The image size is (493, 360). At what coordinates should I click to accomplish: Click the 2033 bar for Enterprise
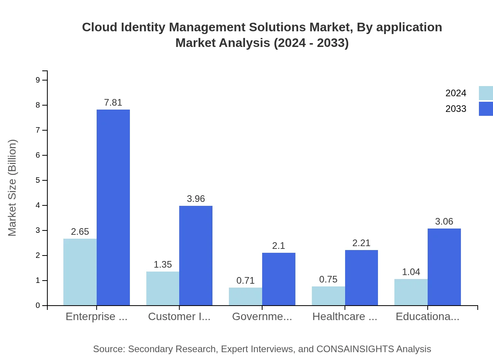pyautogui.click(x=113, y=207)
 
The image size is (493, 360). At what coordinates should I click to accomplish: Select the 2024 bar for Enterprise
pyautogui.click(x=80, y=272)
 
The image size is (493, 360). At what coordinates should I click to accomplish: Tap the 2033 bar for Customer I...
pyautogui.click(x=196, y=256)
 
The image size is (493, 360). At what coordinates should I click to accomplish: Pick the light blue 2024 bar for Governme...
pyautogui.click(x=245, y=296)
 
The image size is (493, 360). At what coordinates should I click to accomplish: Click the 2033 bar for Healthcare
pyautogui.click(x=362, y=277)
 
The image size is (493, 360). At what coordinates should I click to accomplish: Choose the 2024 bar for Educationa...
pyautogui.click(x=411, y=292)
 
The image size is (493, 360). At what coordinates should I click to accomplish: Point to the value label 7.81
pyautogui.click(x=113, y=103)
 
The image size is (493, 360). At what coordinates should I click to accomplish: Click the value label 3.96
pyautogui.click(x=196, y=199)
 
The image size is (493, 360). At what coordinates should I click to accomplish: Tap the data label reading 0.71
pyautogui.click(x=245, y=281)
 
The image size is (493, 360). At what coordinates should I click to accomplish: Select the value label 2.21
pyautogui.click(x=361, y=243)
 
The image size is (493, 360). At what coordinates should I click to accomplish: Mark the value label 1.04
pyautogui.click(x=411, y=272)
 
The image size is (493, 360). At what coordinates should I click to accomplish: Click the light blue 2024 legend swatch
pyautogui.click(x=486, y=93)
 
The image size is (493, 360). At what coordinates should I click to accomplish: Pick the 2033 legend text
pyautogui.click(x=456, y=109)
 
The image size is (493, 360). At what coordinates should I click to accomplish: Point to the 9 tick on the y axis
pyautogui.click(x=38, y=80)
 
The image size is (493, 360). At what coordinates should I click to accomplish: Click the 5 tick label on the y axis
pyautogui.click(x=38, y=180)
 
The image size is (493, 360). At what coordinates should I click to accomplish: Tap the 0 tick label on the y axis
pyautogui.click(x=38, y=306)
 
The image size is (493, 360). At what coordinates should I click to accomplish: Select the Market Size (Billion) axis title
pyautogui.click(x=13, y=188)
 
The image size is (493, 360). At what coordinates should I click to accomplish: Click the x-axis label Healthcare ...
pyautogui.click(x=344, y=317)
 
